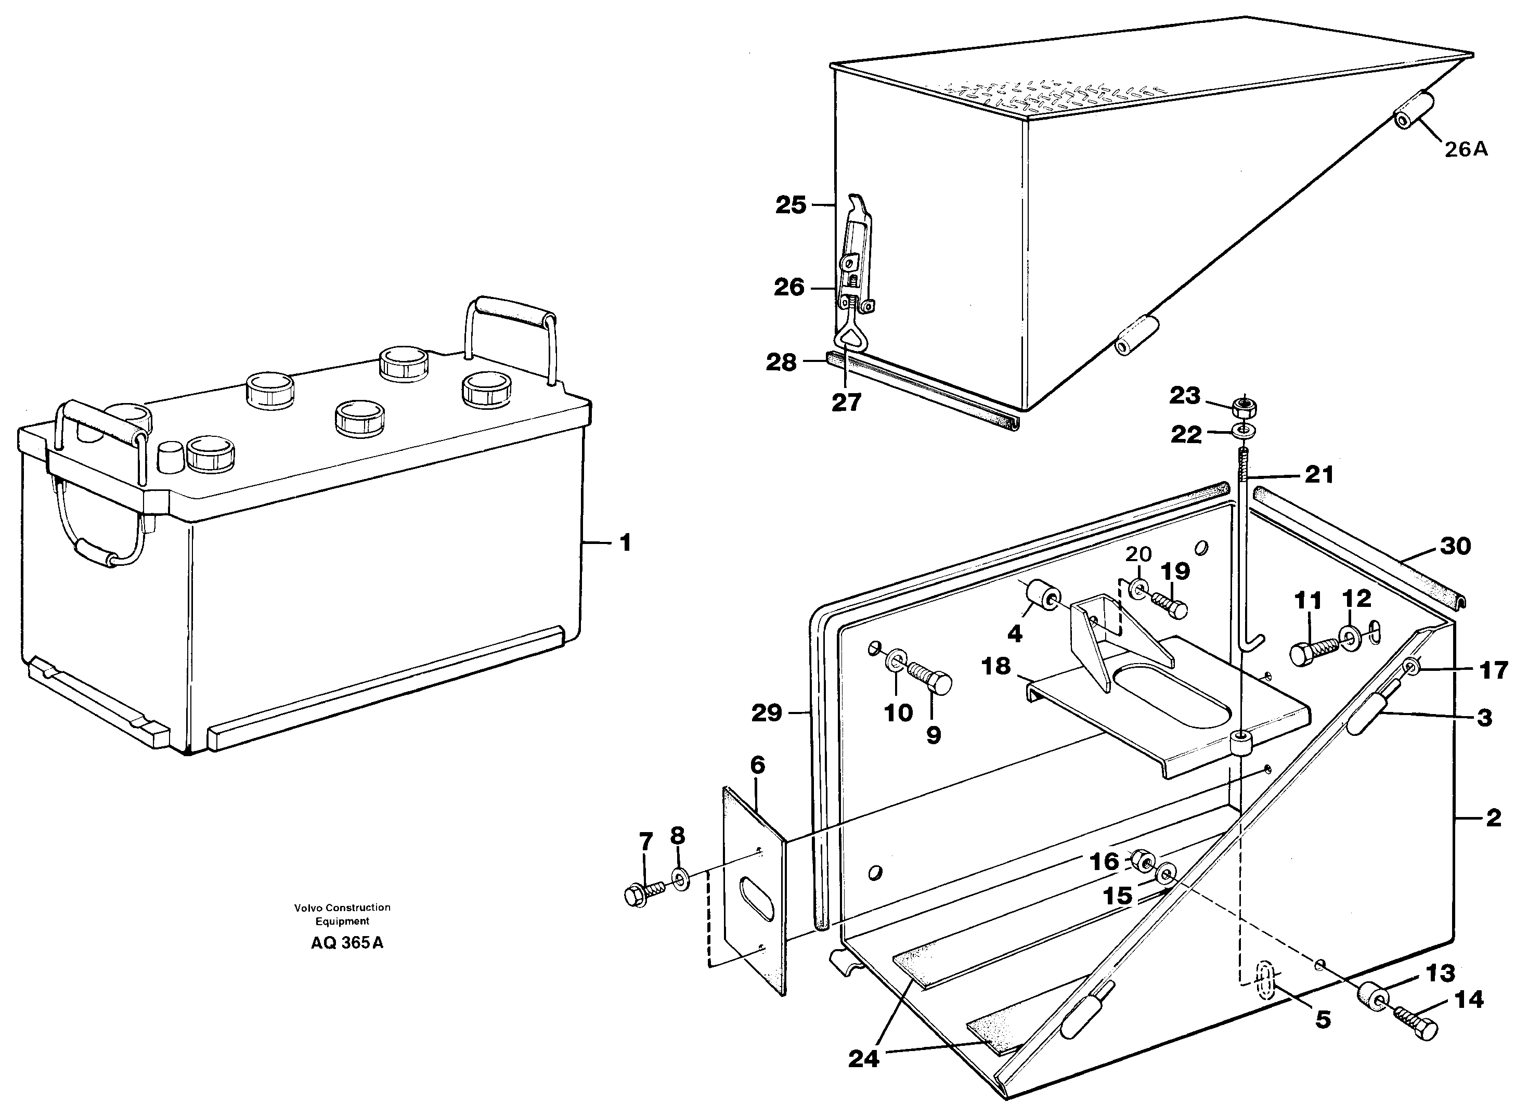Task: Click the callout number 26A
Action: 1466,149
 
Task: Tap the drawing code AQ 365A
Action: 347,943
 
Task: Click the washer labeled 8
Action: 680,879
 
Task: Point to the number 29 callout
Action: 766,712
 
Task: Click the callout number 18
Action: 995,666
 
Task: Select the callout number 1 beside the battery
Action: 625,542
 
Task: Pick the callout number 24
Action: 864,1058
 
